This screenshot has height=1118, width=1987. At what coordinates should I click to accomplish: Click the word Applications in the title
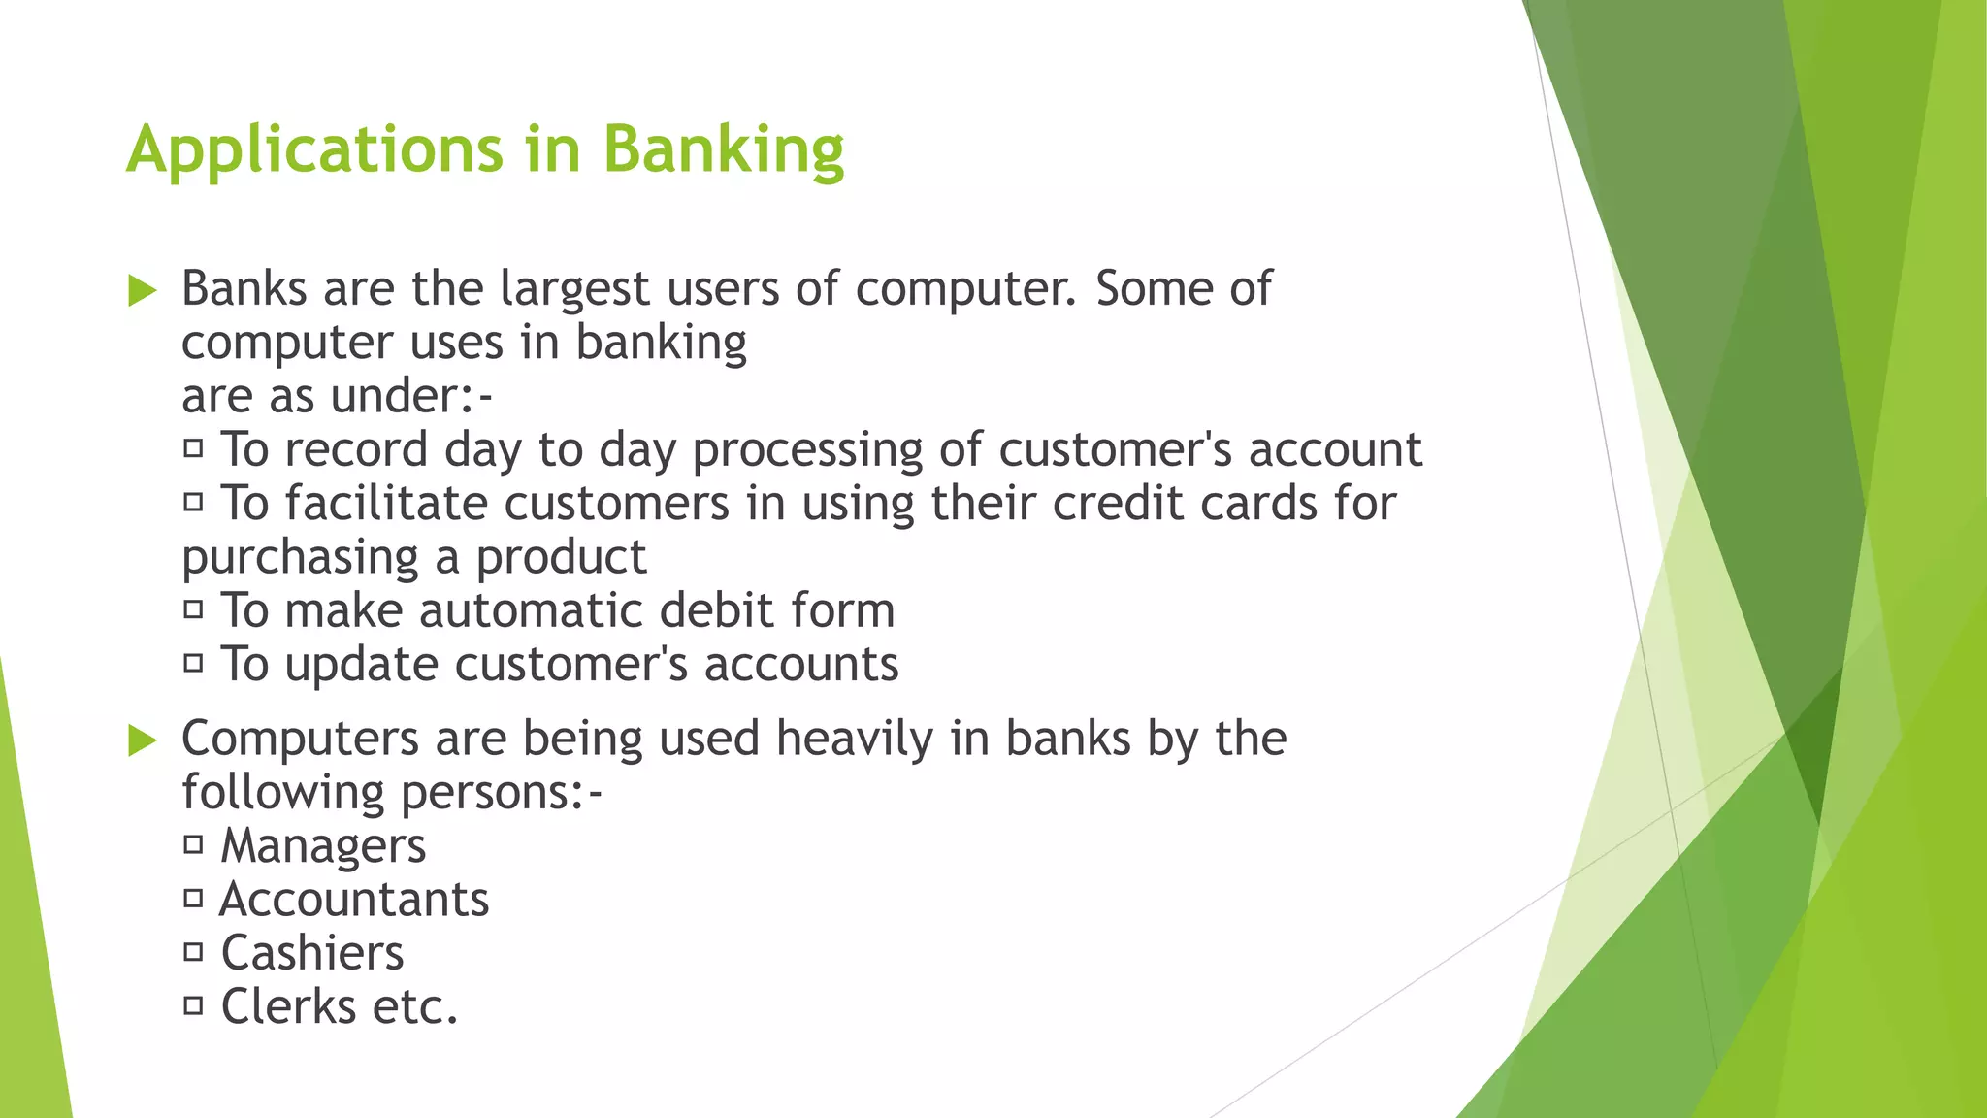[x=314, y=150]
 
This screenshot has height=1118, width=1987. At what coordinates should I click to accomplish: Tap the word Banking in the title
[x=723, y=150]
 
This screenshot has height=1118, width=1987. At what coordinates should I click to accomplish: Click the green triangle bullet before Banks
[x=142, y=290]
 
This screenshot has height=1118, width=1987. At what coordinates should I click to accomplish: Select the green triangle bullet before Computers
[x=142, y=740]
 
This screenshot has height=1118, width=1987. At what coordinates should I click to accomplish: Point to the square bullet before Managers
[x=193, y=844]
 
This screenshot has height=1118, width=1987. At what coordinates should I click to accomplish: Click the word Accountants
[x=354, y=900]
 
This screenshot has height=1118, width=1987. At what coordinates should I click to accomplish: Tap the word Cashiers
[x=311, y=953]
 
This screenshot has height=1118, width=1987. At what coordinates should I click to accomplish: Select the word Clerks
[x=288, y=1006]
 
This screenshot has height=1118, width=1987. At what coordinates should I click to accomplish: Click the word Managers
[x=323, y=846]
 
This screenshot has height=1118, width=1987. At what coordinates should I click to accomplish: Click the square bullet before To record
[x=193, y=448]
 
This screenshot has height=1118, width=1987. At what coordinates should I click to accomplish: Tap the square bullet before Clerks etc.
[x=193, y=1005]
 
